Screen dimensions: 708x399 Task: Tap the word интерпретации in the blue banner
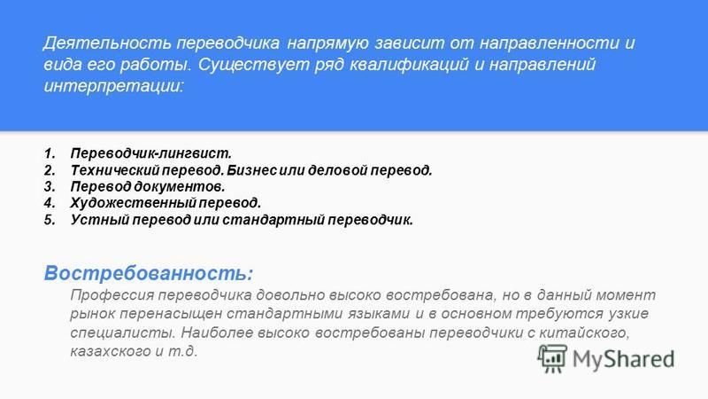pos(114,85)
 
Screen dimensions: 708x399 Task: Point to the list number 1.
pos(50,153)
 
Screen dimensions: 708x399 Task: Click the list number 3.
pos(50,186)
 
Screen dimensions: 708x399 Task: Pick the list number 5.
pos(50,220)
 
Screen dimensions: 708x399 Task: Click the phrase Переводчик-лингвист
pos(150,153)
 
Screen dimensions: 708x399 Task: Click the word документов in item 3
pos(180,186)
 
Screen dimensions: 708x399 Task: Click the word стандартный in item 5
pos(273,220)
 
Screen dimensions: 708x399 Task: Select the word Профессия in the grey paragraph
pos(112,295)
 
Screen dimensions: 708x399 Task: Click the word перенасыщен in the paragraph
pos(171,314)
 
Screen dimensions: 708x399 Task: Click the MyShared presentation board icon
pos(552,358)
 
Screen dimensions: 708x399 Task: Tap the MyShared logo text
pos(624,359)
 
